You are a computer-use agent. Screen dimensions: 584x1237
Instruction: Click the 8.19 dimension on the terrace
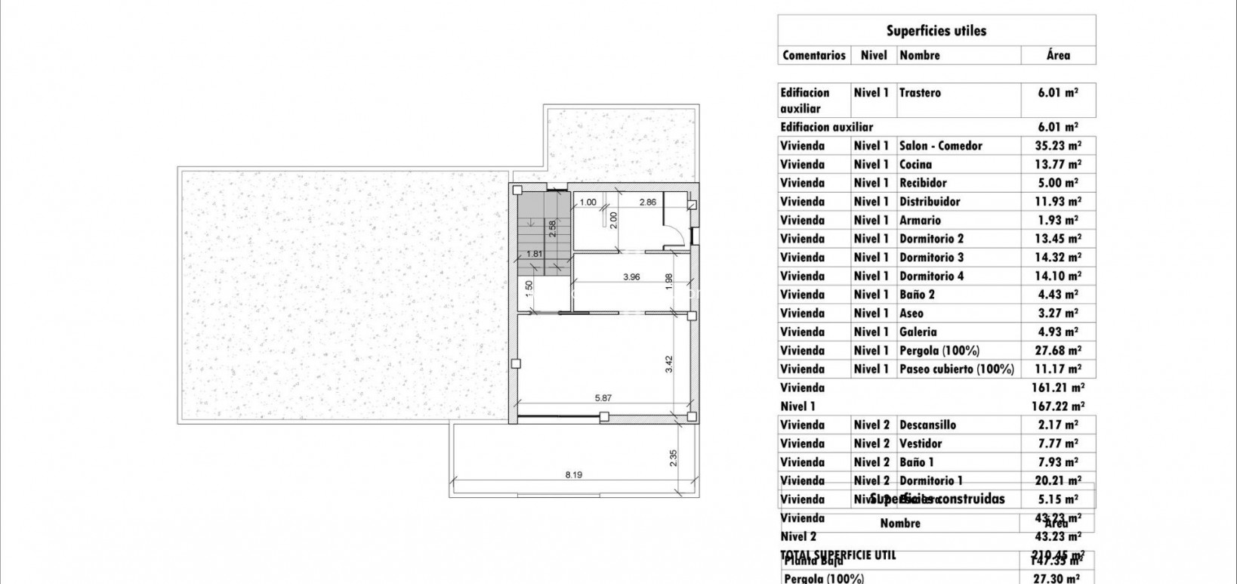574,475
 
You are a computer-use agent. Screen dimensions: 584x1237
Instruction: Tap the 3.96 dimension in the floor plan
631,277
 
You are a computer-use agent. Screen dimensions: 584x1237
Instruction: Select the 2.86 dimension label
647,202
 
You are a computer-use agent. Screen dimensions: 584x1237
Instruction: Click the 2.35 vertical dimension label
674,458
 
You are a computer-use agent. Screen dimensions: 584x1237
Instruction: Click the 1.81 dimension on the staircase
534,254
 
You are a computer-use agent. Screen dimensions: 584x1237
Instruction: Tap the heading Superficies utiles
936,31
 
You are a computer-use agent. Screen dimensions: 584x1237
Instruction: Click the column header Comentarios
814,55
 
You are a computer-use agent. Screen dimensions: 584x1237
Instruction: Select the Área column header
1058,55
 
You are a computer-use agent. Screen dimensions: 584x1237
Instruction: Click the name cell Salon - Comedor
940,146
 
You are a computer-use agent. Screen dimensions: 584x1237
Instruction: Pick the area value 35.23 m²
1058,146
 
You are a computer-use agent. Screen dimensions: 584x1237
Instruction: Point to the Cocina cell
915,165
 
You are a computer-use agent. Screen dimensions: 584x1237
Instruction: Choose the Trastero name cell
920,93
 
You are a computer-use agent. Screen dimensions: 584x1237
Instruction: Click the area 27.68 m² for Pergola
1058,351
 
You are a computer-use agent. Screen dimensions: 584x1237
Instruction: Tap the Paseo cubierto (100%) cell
956,369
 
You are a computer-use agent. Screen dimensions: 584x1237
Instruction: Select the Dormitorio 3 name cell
931,258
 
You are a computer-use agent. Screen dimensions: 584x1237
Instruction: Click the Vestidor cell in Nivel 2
921,443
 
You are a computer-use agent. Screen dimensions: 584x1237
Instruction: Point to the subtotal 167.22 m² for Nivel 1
1058,406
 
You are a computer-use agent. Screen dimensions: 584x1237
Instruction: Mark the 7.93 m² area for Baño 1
1058,462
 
